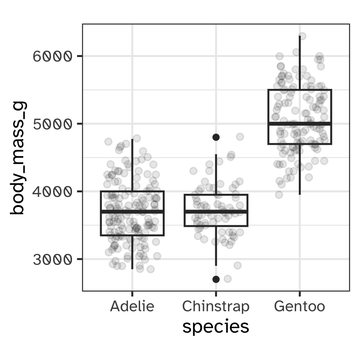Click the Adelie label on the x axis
tap(132, 307)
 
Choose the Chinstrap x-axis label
tap(216, 307)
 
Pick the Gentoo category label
tap(299, 307)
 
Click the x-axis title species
tap(216, 327)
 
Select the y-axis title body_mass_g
tap(18, 157)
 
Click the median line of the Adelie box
tap(132, 212)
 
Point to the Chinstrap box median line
tap(216, 212)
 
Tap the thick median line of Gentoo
tap(299, 123)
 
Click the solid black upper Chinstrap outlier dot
tap(216, 137)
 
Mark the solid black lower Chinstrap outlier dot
tap(216, 279)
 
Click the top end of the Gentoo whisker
tap(299, 36)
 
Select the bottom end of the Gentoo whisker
tap(299, 194)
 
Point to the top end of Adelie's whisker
tap(132, 139)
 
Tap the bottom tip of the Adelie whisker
tap(132, 268)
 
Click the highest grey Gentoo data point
tap(302, 36)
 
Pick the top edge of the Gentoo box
tap(299, 90)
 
